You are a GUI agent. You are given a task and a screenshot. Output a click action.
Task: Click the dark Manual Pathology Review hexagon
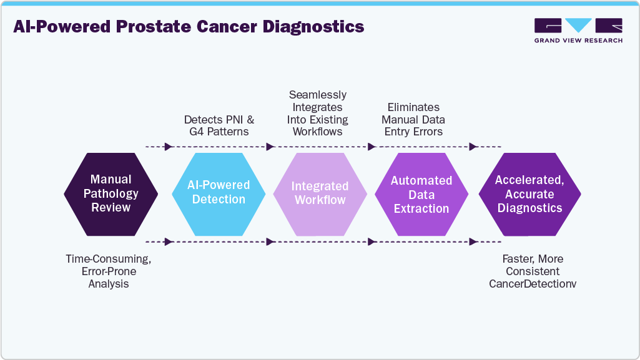(x=111, y=193)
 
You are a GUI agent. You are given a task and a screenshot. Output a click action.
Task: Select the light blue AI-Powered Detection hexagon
(x=219, y=193)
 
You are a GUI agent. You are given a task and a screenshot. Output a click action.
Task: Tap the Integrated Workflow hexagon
(x=320, y=193)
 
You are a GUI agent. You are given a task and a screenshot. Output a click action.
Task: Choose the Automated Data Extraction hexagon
(x=421, y=193)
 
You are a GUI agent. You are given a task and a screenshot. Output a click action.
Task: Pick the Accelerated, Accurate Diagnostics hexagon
(x=529, y=193)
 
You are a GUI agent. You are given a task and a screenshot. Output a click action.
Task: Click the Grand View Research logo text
(x=578, y=41)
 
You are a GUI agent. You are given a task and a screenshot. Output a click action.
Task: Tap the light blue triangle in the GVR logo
(x=578, y=25)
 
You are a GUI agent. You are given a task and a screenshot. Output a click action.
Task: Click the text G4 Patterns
(x=219, y=132)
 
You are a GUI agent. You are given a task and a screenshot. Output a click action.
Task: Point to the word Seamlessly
(x=318, y=95)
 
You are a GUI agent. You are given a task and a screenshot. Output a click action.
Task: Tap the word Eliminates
(x=413, y=107)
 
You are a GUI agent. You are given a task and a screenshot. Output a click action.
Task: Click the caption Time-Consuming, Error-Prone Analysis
(x=109, y=271)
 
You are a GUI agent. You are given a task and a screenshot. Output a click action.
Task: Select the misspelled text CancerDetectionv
(x=533, y=284)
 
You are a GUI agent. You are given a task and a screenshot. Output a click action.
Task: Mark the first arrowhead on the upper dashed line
(x=168, y=147)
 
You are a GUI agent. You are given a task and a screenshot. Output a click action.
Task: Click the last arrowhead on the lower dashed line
(x=473, y=241)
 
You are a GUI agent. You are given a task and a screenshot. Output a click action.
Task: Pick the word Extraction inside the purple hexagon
(x=421, y=208)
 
